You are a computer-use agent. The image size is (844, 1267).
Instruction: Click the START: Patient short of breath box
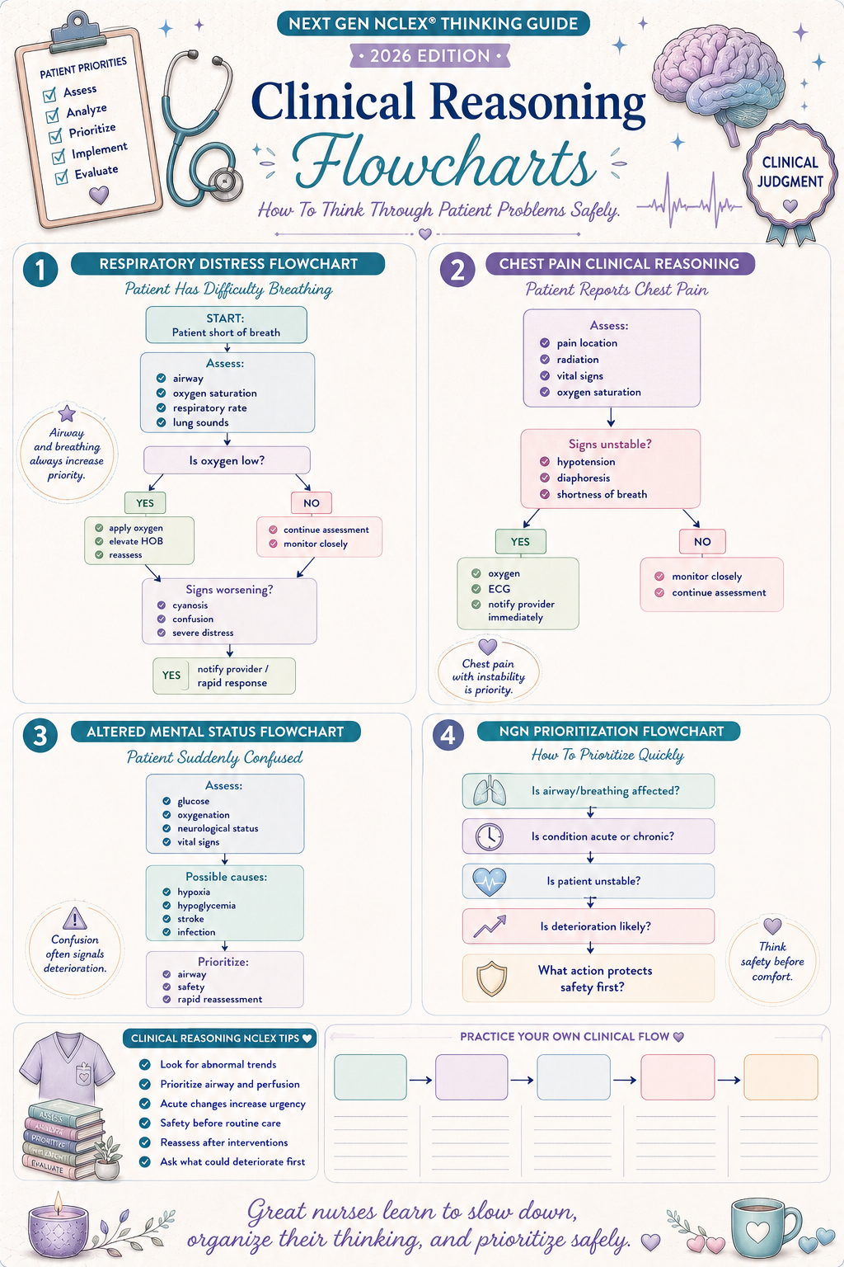226,325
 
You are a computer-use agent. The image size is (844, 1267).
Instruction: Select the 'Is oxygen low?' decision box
227,460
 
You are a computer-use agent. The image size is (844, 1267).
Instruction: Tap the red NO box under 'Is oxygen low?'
311,503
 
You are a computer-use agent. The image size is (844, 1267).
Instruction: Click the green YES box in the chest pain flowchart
521,541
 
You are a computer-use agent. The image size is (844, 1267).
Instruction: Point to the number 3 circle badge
40,736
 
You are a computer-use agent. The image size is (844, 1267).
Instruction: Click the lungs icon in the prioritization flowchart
489,791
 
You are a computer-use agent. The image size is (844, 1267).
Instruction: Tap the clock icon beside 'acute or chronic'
489,836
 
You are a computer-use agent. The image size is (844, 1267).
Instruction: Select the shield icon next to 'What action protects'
491,978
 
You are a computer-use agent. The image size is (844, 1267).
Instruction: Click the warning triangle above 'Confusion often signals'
75,919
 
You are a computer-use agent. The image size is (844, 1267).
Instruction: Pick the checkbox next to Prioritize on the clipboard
55,136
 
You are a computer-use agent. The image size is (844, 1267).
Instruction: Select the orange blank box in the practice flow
780,1077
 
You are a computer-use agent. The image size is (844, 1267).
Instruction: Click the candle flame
57,1202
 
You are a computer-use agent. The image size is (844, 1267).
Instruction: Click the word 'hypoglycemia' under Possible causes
206,906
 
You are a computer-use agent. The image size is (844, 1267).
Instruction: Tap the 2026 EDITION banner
430,56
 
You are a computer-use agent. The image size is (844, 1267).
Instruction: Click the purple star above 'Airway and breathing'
67,413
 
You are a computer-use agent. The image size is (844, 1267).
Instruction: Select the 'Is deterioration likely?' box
588,926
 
